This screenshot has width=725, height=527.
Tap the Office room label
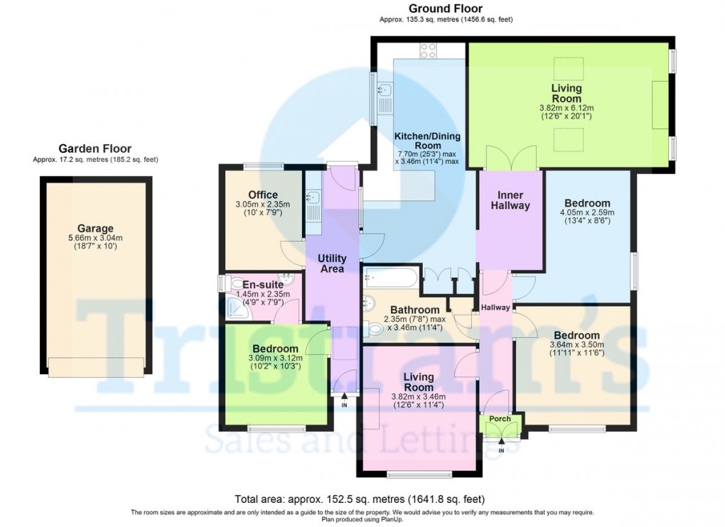[x=263, y=195]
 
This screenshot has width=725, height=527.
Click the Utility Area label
[x=332, y=263]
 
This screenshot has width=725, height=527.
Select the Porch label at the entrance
[x=500, y=418]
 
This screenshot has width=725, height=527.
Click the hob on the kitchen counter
[x=429, y=50]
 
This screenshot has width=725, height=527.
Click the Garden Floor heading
[x=95, y=148]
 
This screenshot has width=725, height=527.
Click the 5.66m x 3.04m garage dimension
[x=95, y=239]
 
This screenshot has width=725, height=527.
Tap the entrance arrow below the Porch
[x=501, y=442]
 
